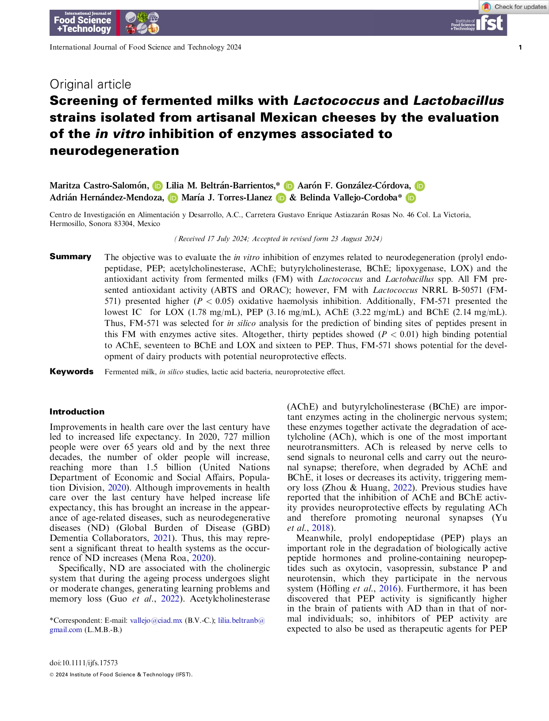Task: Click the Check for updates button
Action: [514, 7]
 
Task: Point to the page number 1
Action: [520, 47]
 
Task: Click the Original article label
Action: [90, 84]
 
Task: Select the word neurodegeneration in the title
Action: [114, 151]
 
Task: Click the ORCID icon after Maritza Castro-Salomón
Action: [157, 186]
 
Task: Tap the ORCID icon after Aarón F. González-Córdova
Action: [419, 186]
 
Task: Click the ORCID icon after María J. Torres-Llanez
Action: [280, 198]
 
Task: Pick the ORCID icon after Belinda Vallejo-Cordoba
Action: [411, 198]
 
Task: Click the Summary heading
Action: [70, 257]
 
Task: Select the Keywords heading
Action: [72, 372]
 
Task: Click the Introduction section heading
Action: [77, 412]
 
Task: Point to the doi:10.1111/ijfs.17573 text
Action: [84, 663]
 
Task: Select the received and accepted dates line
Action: [278, 239]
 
